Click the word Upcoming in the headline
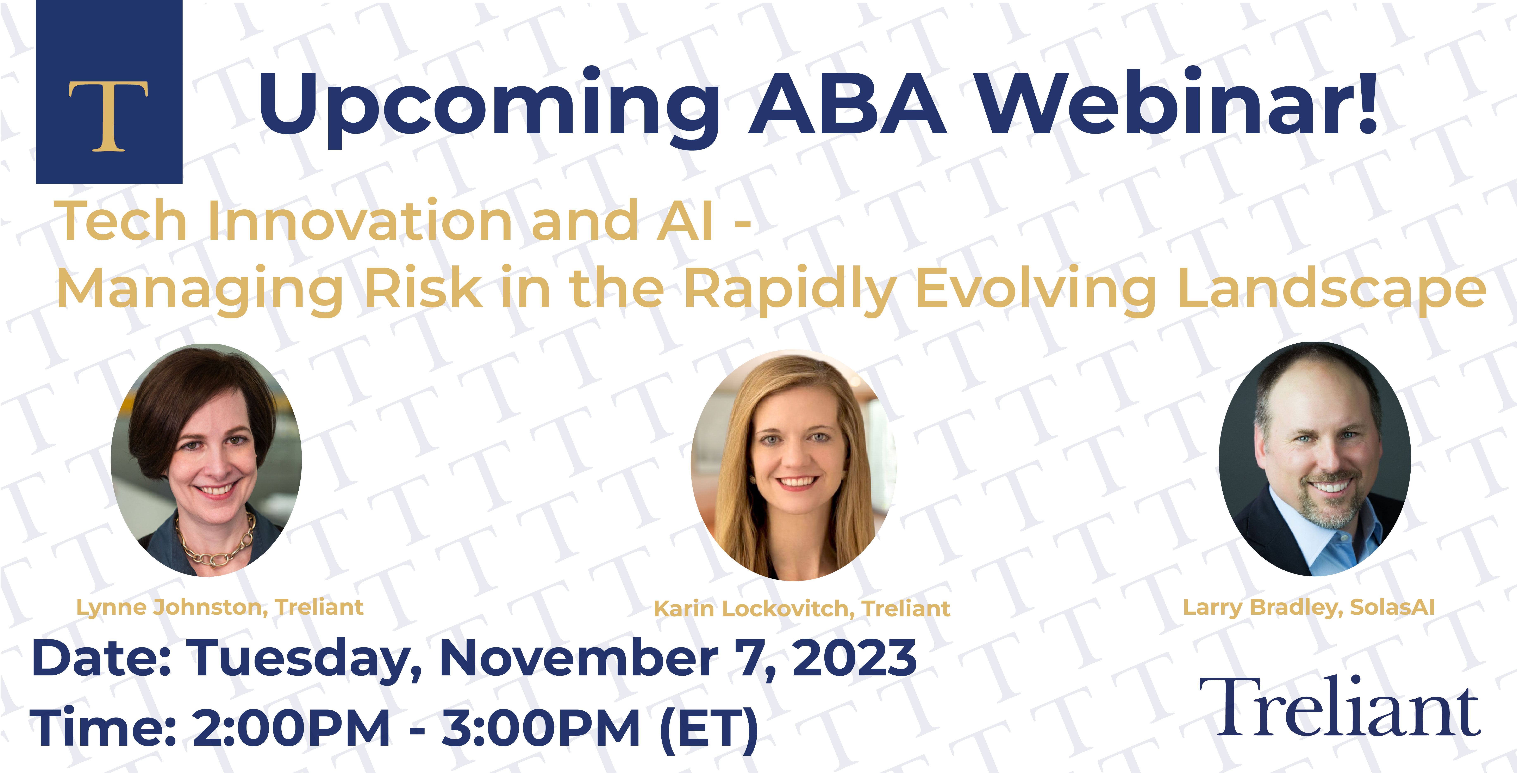489,106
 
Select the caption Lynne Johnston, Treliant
220,607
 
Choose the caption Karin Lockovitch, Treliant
801,609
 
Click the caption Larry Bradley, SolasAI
1309,607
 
